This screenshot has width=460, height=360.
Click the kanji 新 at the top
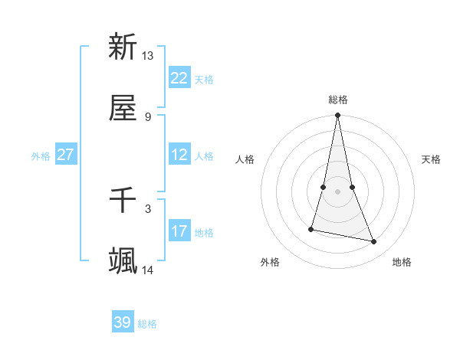[x=123, y=47]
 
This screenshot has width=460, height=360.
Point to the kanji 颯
[x=123, y=260]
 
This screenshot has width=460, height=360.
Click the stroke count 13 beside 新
[x=148, y=56]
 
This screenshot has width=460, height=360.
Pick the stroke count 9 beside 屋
[x=148, y=116]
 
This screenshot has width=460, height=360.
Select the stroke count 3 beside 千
[x=148, y=208]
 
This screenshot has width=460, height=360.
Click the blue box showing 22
[x=179, y=78]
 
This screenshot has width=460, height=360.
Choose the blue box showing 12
[x=179, y=155]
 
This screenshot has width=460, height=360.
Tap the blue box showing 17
[x=179, y=231]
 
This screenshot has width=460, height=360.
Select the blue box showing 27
[x=65, y=155]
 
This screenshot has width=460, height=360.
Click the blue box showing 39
[x=123, y=322]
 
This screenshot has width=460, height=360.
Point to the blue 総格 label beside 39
[x=147, y=324]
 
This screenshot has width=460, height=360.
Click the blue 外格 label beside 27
[x=41, y=155]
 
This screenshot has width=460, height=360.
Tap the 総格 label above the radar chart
[x=338, y=100]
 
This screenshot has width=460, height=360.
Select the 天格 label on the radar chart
[x=431, y=159]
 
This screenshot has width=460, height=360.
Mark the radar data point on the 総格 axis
[x=337, y=116]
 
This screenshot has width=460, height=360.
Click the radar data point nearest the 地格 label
[x=374, y=242]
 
